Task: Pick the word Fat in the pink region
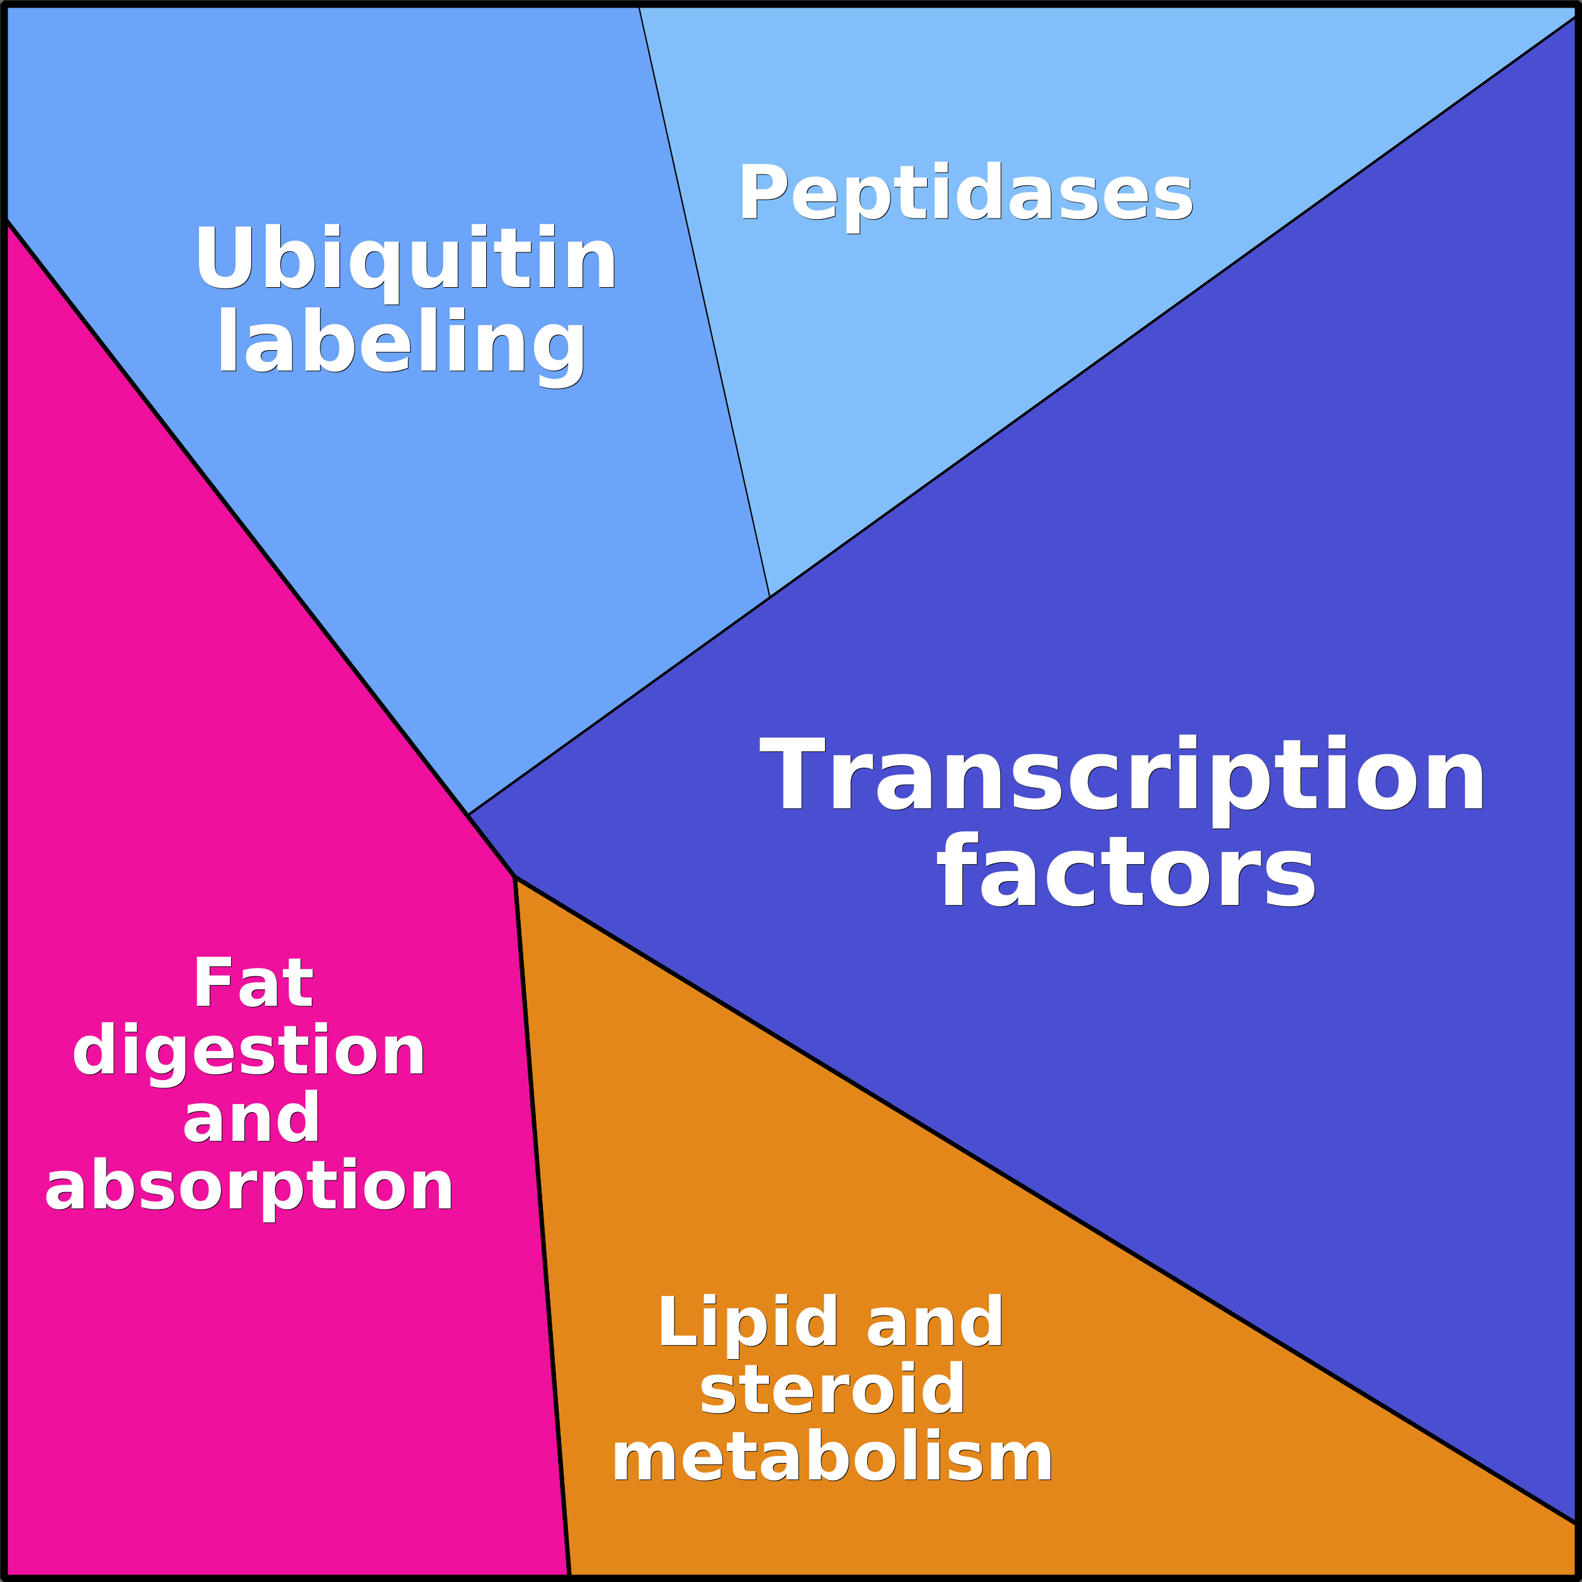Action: [x=253, y=982]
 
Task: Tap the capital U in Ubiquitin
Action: [x=225, y=256]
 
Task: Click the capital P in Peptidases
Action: [x=763, y=191]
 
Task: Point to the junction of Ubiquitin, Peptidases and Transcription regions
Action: [x=770, y=596]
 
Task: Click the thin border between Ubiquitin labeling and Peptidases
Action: [x=704, y=301]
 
